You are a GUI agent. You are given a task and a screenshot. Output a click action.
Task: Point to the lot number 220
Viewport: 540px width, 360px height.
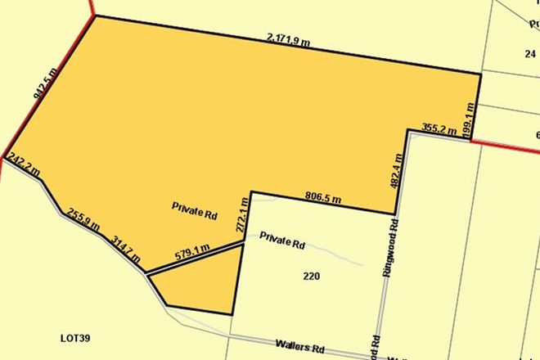[310, 276]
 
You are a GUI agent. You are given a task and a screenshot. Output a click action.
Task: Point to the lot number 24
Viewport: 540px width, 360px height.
[529, 54]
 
